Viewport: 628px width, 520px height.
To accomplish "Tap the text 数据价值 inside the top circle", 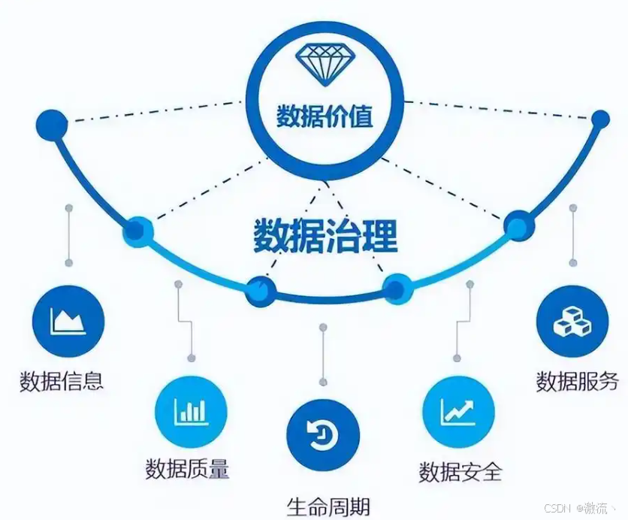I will point(325,117).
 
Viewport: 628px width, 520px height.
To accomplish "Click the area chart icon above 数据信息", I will point(68,322).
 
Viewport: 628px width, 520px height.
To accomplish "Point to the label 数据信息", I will point(62,380).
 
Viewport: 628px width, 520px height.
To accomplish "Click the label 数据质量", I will point(187,469).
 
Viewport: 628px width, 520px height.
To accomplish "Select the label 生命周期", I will point(328,505).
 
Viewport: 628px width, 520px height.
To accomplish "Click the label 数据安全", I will point(460,472).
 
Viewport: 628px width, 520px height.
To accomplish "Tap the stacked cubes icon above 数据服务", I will point(572,322).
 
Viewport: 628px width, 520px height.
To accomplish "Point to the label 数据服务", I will point(577,380).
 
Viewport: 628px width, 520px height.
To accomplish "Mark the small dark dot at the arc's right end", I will point(600,119).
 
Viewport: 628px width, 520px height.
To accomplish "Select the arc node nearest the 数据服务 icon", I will point(518,225).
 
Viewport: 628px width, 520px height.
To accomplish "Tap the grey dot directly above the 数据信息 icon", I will point(68,263).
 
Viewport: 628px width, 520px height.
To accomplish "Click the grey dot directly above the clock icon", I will point(323,328).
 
